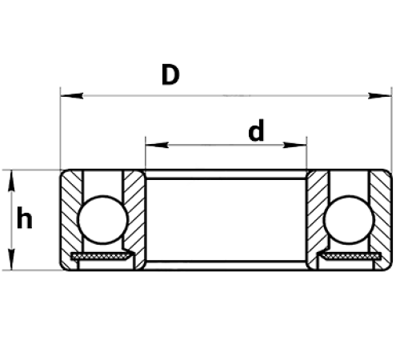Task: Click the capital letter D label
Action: pyautogui.click(x=170, y=74)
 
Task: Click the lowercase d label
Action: pyautogui.click(x=256, y=130)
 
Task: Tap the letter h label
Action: pyautogui.click(x=24, y=218)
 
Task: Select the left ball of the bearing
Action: pyautogui.click(x=103, y=219)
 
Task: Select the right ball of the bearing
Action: pyautogui.click(x=350, y=219)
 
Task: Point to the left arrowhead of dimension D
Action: pyautogui.click(x=71, y=96)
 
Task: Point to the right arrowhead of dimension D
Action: pyautogui.click(x=380, y=96)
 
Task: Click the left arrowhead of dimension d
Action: pyautogui.click(x=157, y=145)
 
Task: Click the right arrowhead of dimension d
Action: pyautogui.click(x=295, y=145)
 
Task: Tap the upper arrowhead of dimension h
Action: pyautogui.click(x=11, y=182)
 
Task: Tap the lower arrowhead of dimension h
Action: pyautogui.click(x=11, y=258)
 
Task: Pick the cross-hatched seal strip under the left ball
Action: pyautogui.click(x=101, y=256)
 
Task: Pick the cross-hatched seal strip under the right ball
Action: pyautogui.click(x=350, y=256)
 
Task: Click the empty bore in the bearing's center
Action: pyautogui.click(x=226, y=220)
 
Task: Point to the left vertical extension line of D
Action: pyautogui.click(x=61, y=128)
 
